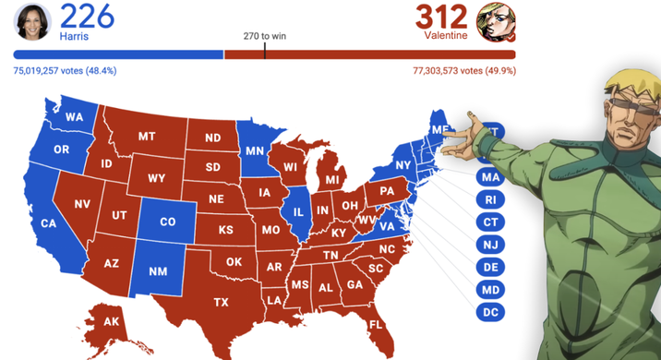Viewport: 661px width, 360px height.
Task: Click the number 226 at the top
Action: point(89,16)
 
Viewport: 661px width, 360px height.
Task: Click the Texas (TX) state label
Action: point(222,302)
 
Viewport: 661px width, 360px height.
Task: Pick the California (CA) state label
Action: point(50,222)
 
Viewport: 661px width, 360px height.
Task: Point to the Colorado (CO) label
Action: point(167,222)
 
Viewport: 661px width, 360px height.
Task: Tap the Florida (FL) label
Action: point(376,325)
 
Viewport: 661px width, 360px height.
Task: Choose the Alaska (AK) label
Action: point(112,321)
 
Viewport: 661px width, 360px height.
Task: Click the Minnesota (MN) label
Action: point(255,149)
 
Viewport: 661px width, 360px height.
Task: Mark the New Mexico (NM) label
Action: point(157,273)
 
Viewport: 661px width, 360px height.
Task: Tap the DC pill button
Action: point(490,313)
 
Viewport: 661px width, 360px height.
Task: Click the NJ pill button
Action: point(490,245)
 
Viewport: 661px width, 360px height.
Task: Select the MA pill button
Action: point(490,176)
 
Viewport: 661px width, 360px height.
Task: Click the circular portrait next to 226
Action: point(32,20)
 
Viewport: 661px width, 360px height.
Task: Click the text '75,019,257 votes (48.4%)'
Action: point(65,70)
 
